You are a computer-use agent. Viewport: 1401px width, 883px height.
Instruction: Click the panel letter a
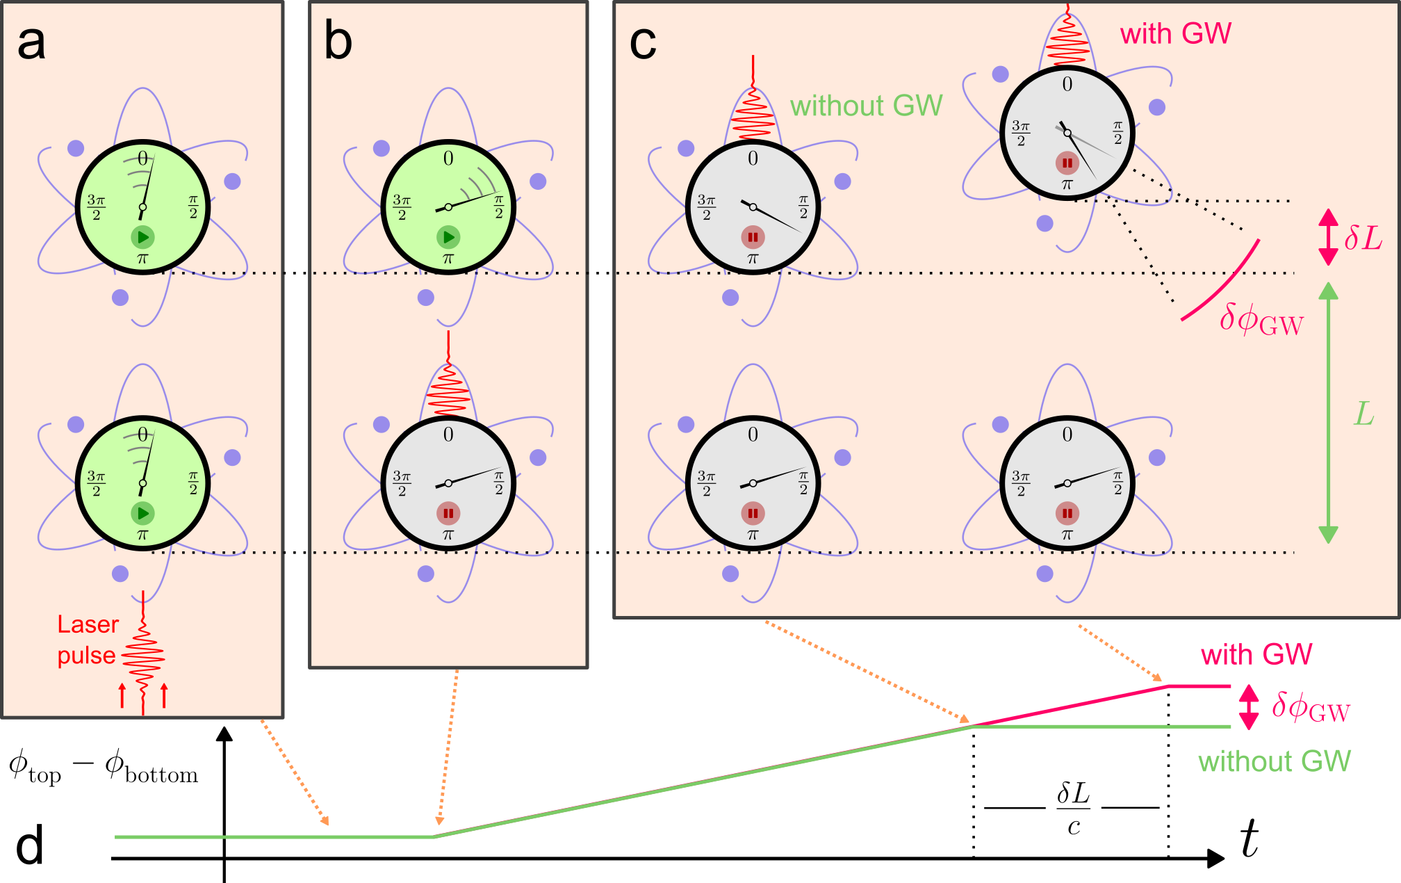pos(31,43)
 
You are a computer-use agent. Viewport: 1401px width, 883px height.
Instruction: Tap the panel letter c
pos(642,43)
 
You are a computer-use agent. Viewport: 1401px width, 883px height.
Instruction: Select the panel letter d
pos(30,844)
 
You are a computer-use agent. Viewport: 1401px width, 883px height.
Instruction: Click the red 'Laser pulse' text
pos(88,640)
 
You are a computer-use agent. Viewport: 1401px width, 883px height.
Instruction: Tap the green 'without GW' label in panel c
pos(866,106)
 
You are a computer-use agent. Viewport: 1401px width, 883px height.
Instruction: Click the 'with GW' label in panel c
pos(1175,33)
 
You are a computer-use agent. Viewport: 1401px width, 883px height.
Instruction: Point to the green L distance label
pos(1364,414)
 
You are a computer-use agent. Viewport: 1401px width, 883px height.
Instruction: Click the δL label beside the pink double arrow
pos(1363,238)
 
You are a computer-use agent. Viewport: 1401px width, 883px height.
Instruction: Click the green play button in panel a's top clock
pos(142,237)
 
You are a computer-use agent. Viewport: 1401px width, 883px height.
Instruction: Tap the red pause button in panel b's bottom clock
pos(448,514)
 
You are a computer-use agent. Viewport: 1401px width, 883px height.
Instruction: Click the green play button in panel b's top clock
pos(448,237)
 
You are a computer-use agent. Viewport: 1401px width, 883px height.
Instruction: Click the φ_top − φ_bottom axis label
pos(103,768)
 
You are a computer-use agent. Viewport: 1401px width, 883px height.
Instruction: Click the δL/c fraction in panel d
pos(1073,809)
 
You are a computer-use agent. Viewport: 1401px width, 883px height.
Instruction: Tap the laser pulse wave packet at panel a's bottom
pos(143,657)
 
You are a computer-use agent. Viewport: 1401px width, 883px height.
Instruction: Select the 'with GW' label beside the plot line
pos(1256,655)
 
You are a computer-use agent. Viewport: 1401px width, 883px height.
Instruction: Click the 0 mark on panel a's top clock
pos(142,159)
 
